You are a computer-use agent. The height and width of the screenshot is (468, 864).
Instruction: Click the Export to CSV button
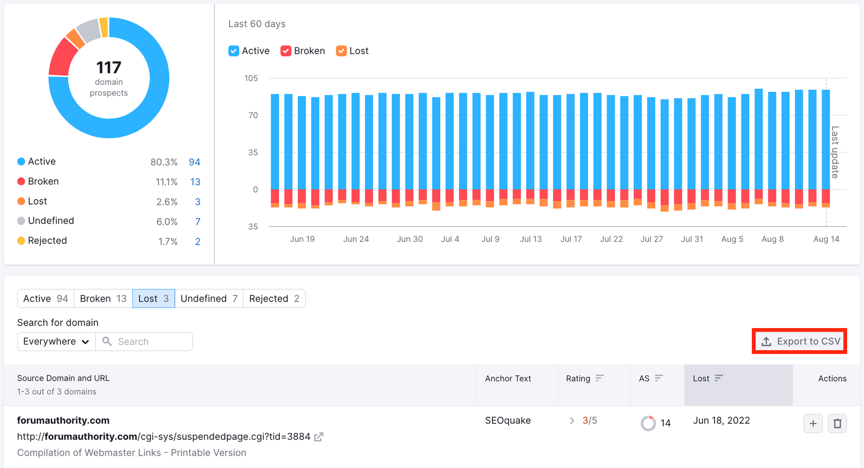point(800,341)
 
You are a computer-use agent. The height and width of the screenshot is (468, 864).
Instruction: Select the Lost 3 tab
point(153,299)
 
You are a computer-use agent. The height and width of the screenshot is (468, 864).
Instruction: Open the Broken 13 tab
point(103,299)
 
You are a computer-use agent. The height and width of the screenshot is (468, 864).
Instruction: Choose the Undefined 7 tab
point(209,299)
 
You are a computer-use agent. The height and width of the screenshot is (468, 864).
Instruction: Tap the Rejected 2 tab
point(274,299)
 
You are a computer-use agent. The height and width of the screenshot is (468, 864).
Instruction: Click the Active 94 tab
point(46,299)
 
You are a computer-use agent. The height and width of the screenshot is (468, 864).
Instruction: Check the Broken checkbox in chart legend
point(286,51)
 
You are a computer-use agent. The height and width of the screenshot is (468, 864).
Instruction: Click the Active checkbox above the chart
point(234,51)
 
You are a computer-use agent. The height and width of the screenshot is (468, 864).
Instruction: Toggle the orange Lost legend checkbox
point(341,51)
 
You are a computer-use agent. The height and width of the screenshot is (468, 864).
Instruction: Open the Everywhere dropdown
point(56,342)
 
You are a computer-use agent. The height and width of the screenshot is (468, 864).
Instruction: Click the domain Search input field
point(151,342)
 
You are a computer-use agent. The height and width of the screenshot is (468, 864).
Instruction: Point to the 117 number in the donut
point(109,67)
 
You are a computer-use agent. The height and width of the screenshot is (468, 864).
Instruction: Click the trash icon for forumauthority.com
point(838,424)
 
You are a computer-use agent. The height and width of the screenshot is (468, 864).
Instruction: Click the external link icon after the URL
point(319,437)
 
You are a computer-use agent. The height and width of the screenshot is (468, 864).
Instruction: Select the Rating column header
point(578,378)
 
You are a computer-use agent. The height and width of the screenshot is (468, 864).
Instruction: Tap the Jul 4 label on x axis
point(450,239)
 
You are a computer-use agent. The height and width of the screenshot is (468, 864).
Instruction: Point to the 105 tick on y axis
point(251,78)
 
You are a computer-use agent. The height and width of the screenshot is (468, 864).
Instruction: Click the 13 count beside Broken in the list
point(195,182)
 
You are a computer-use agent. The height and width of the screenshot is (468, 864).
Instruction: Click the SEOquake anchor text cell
point(508,420)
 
